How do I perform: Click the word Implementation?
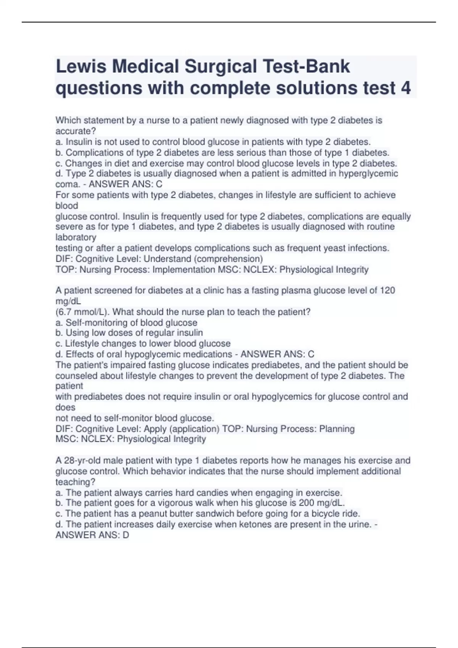coord(184,270)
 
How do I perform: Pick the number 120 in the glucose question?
coord(387,290)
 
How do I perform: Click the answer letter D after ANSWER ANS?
coord(126,535)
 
